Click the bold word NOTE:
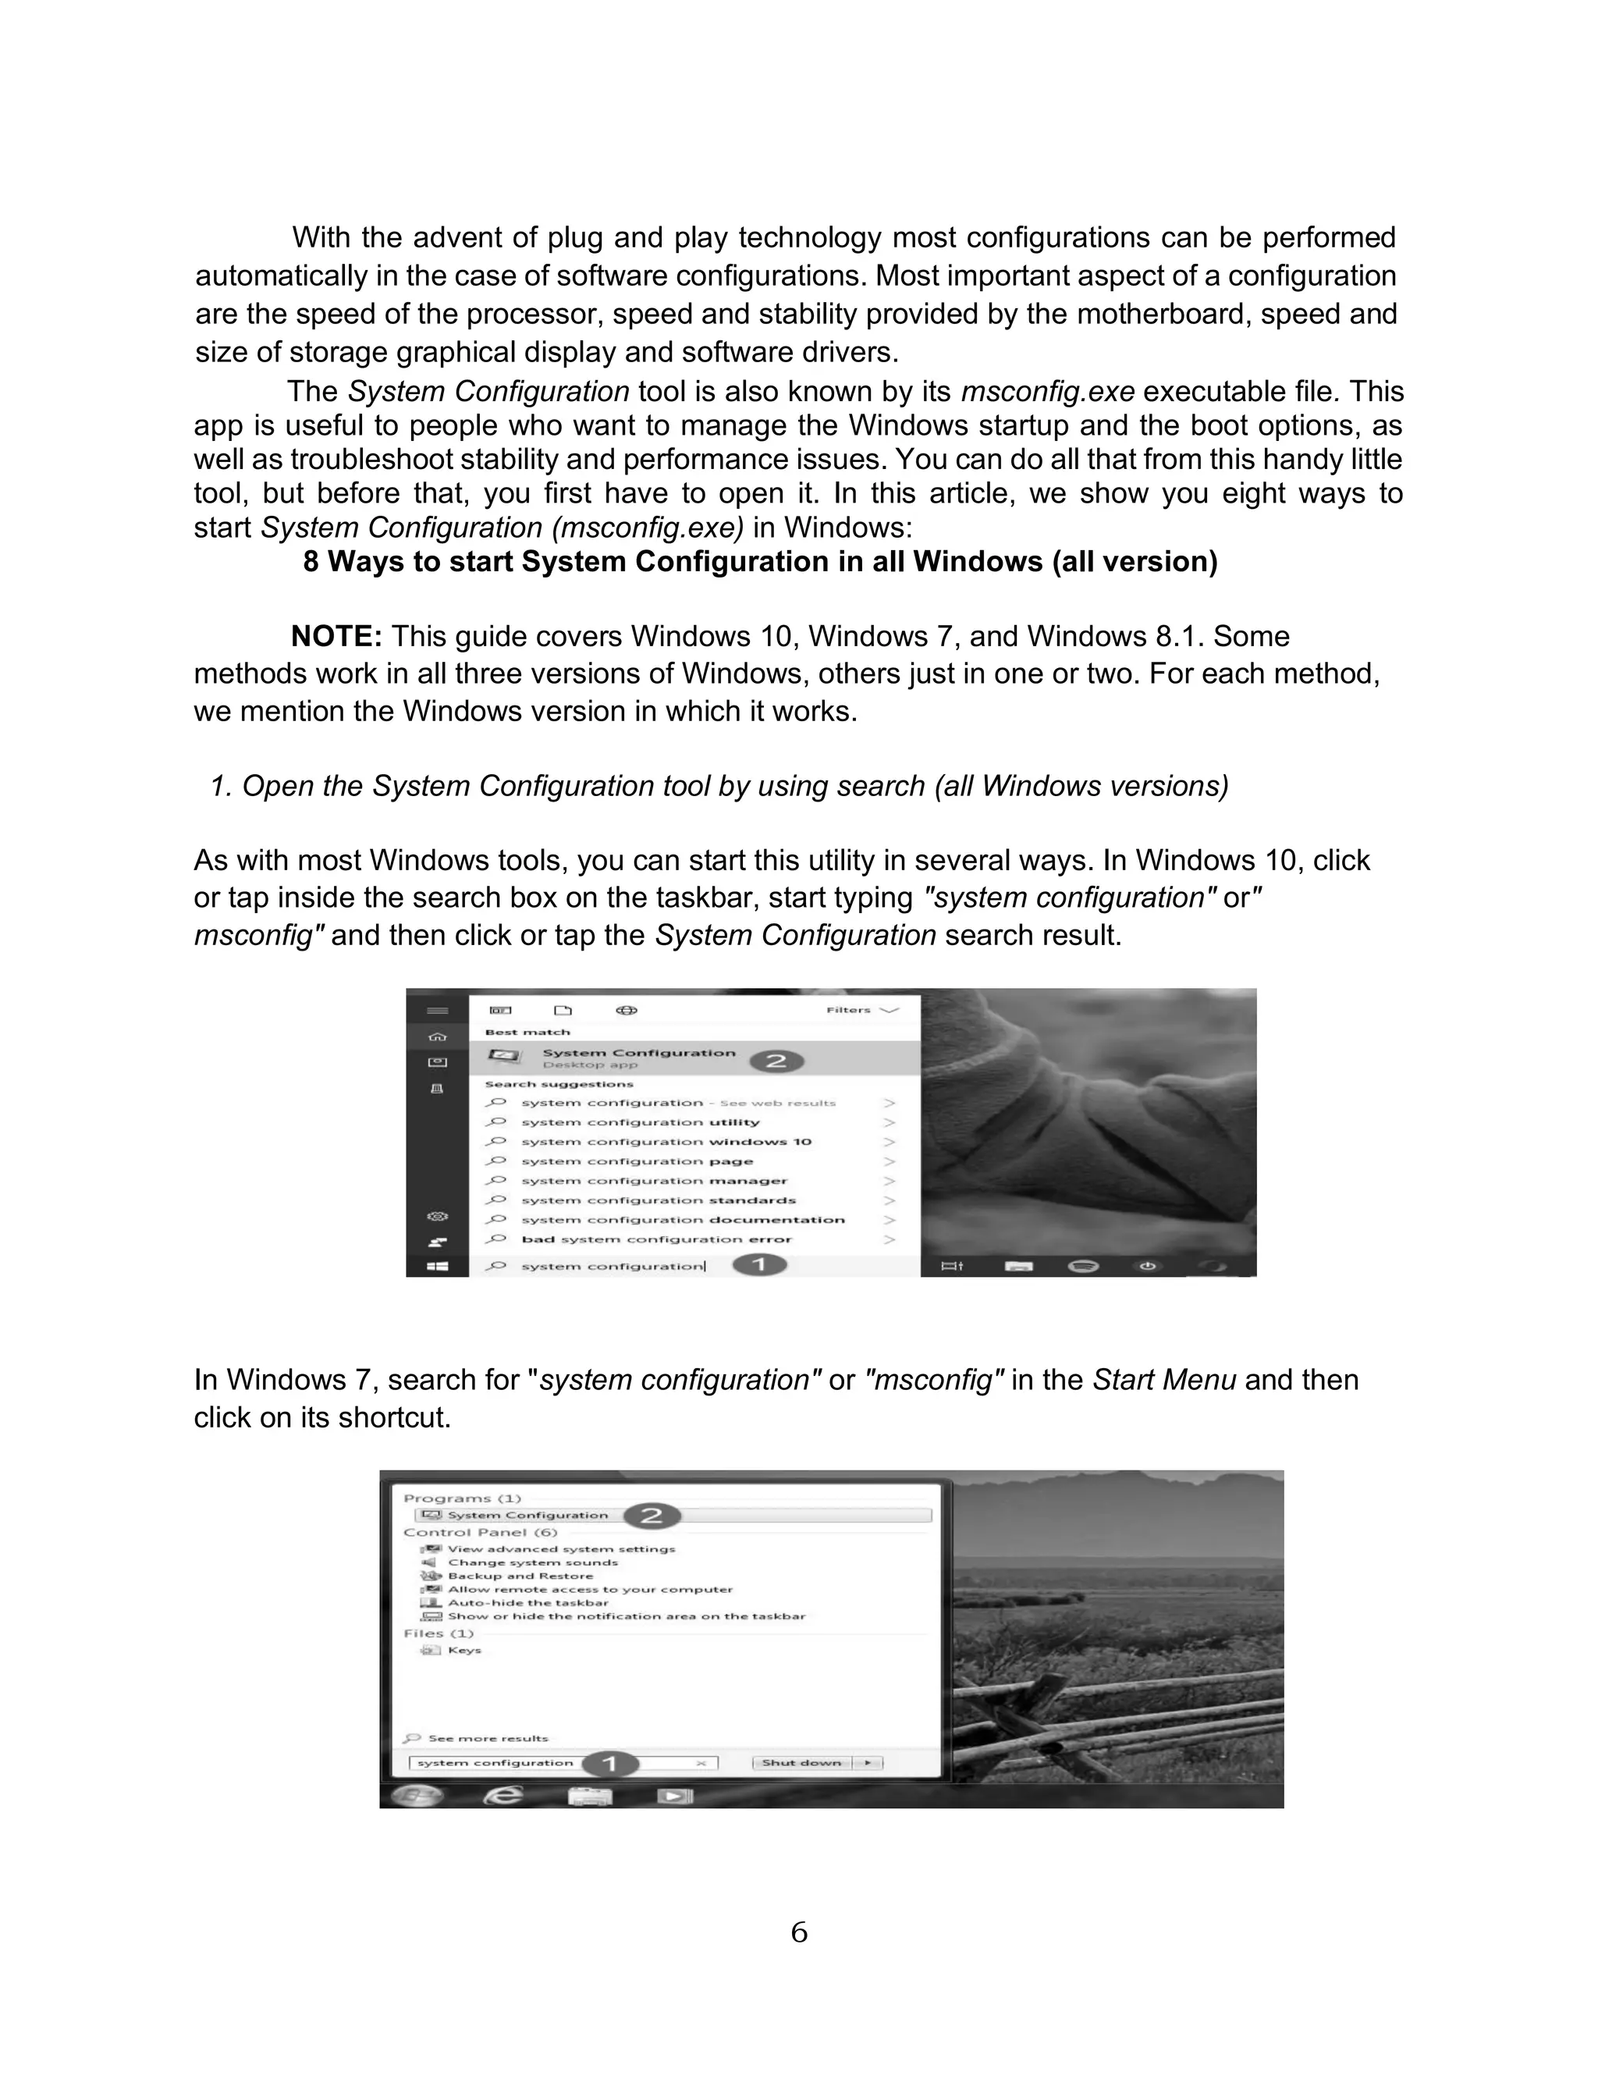pos(336,636)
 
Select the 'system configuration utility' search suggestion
pos(639,1122)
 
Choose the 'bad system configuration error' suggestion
pos(656,1239)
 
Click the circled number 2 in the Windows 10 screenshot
pos(776,1061)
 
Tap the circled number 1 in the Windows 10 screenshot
pos(760,1265)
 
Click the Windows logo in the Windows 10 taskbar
pos(438,1266)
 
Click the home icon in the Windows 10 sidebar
pos(438,1036)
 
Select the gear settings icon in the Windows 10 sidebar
pos(438,1217)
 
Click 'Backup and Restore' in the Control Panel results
pos(520,1576)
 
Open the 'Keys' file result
pos(464,1650)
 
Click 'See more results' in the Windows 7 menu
pos(488,1738)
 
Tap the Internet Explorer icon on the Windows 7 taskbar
pos(504,1795)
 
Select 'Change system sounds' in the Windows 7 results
pos(533,1562)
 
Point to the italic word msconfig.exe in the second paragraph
pos(1047,392)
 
